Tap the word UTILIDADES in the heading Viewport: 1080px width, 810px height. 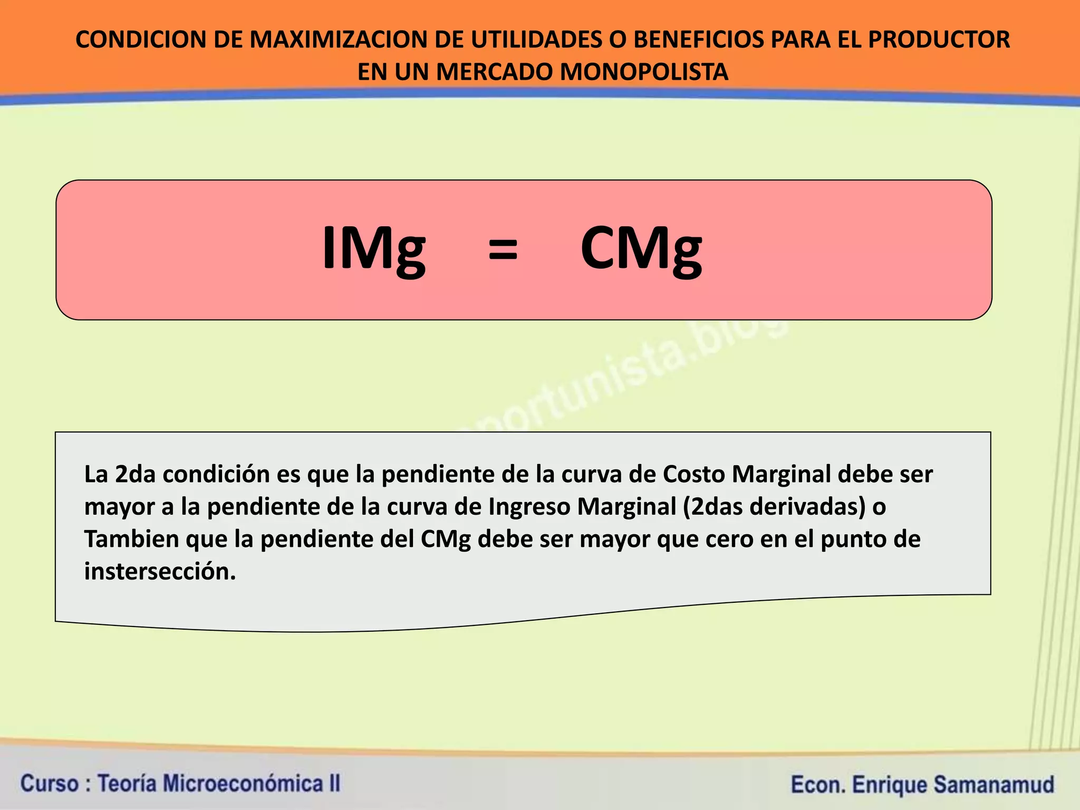535,40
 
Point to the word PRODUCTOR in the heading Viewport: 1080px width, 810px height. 939,40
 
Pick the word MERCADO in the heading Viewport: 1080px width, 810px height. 495,72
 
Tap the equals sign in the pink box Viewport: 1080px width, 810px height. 503,249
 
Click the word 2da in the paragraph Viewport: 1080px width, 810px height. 135,475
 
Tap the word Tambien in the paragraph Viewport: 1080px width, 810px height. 132,539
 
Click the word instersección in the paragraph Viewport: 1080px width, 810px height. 160,572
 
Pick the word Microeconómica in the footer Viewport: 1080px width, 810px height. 244,784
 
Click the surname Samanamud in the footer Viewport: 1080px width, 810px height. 994,785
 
